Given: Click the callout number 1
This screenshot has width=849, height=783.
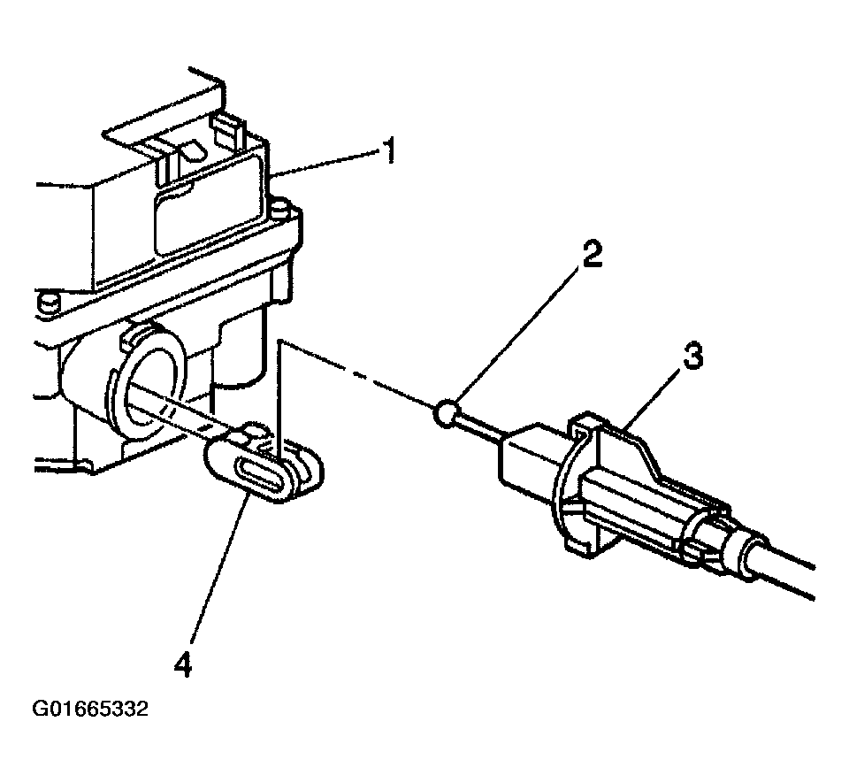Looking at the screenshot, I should tap(386, 152).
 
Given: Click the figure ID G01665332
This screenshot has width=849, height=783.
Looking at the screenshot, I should tap(89, 709).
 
